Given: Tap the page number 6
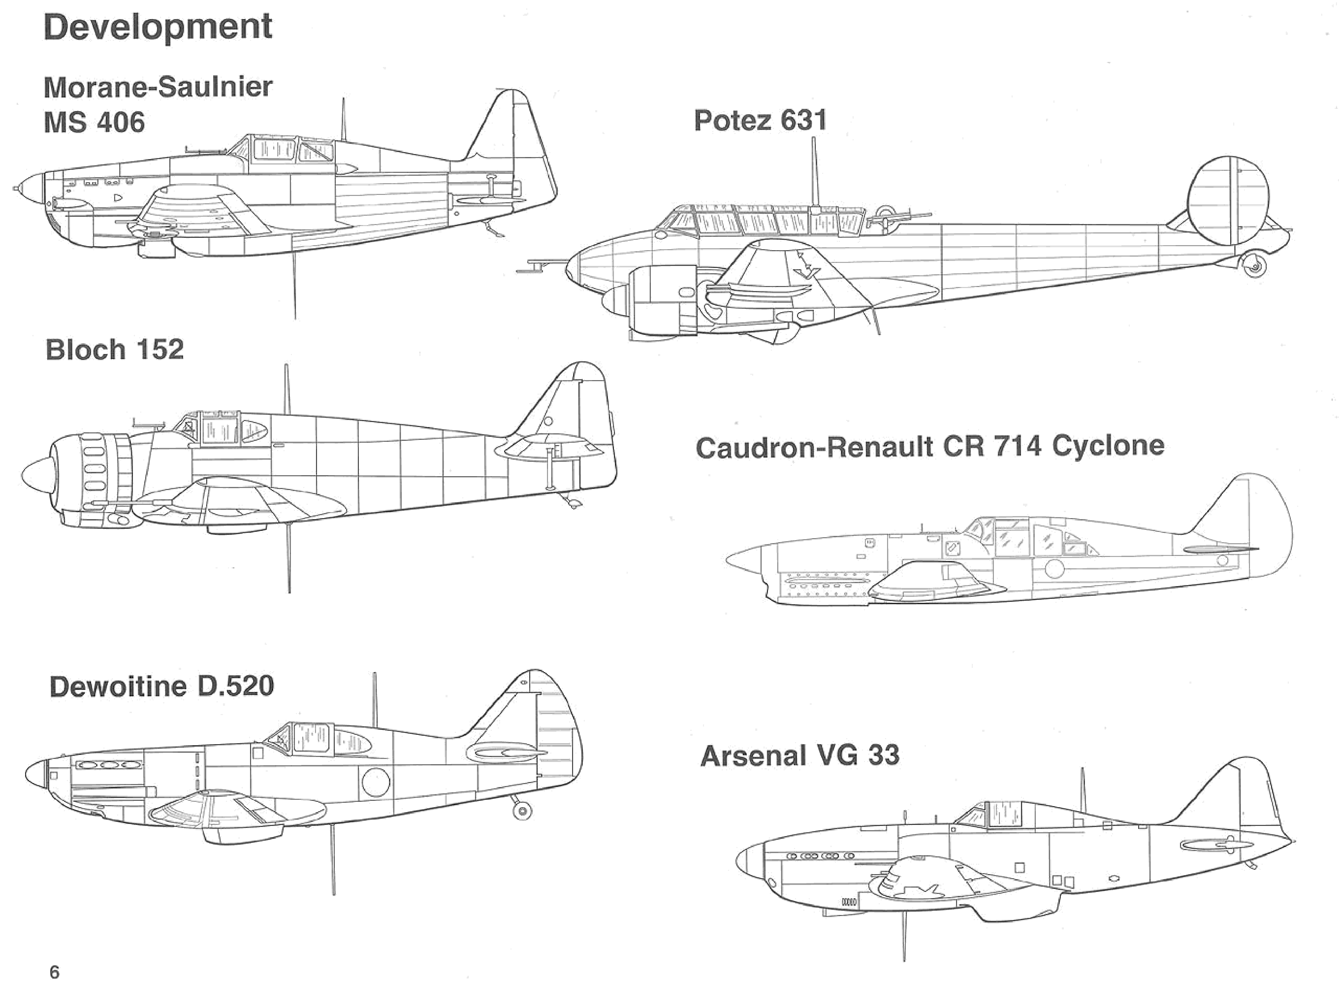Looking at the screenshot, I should [54, 972].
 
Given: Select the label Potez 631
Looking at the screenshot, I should [760, 121].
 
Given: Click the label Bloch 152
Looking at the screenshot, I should [115, 350].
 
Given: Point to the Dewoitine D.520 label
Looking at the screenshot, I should [161, 686].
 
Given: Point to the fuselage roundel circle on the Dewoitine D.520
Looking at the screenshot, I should [376, 782].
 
